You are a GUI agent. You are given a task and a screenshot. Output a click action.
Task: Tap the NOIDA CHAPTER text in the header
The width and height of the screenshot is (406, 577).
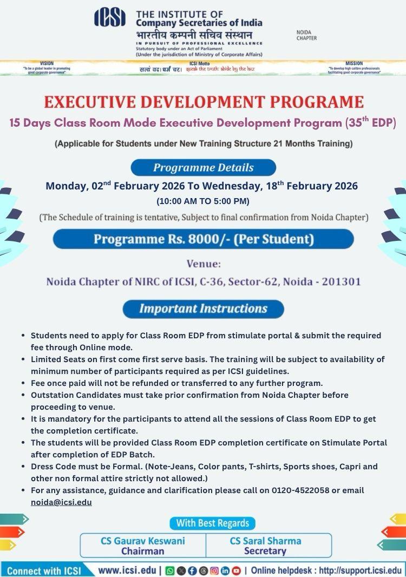(306, 35)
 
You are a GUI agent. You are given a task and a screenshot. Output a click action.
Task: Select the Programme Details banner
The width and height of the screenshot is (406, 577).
(203, 167)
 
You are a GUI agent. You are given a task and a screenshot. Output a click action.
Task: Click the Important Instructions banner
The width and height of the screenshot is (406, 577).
(203, 309)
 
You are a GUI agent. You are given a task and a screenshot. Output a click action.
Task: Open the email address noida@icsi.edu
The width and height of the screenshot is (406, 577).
(61, 502)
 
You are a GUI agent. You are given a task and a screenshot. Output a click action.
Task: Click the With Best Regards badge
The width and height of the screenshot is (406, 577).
(212, 523)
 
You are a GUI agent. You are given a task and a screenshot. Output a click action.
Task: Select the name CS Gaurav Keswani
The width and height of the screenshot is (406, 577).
(143, 541)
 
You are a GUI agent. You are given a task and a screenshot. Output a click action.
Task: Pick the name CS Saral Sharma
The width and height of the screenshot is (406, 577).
(265, 541)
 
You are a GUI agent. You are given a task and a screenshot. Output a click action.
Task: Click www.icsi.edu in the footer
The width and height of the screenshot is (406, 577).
(127, 570)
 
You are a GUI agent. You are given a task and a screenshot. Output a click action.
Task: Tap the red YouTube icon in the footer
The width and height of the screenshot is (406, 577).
(236, 570)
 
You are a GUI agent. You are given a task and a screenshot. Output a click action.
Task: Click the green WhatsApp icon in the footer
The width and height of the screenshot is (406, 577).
(169, 570)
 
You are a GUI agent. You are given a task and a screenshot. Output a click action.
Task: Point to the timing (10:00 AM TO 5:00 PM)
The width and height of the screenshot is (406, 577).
(203, 201)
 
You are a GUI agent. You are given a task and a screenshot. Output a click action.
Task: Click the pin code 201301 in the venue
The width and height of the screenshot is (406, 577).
(343, 281)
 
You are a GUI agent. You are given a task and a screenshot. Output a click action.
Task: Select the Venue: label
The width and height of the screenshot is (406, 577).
(204, 265)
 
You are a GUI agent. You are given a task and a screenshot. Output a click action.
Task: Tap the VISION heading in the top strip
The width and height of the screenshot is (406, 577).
(47, 63)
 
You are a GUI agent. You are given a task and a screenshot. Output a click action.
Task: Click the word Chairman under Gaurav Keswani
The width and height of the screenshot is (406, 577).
(143, 551)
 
